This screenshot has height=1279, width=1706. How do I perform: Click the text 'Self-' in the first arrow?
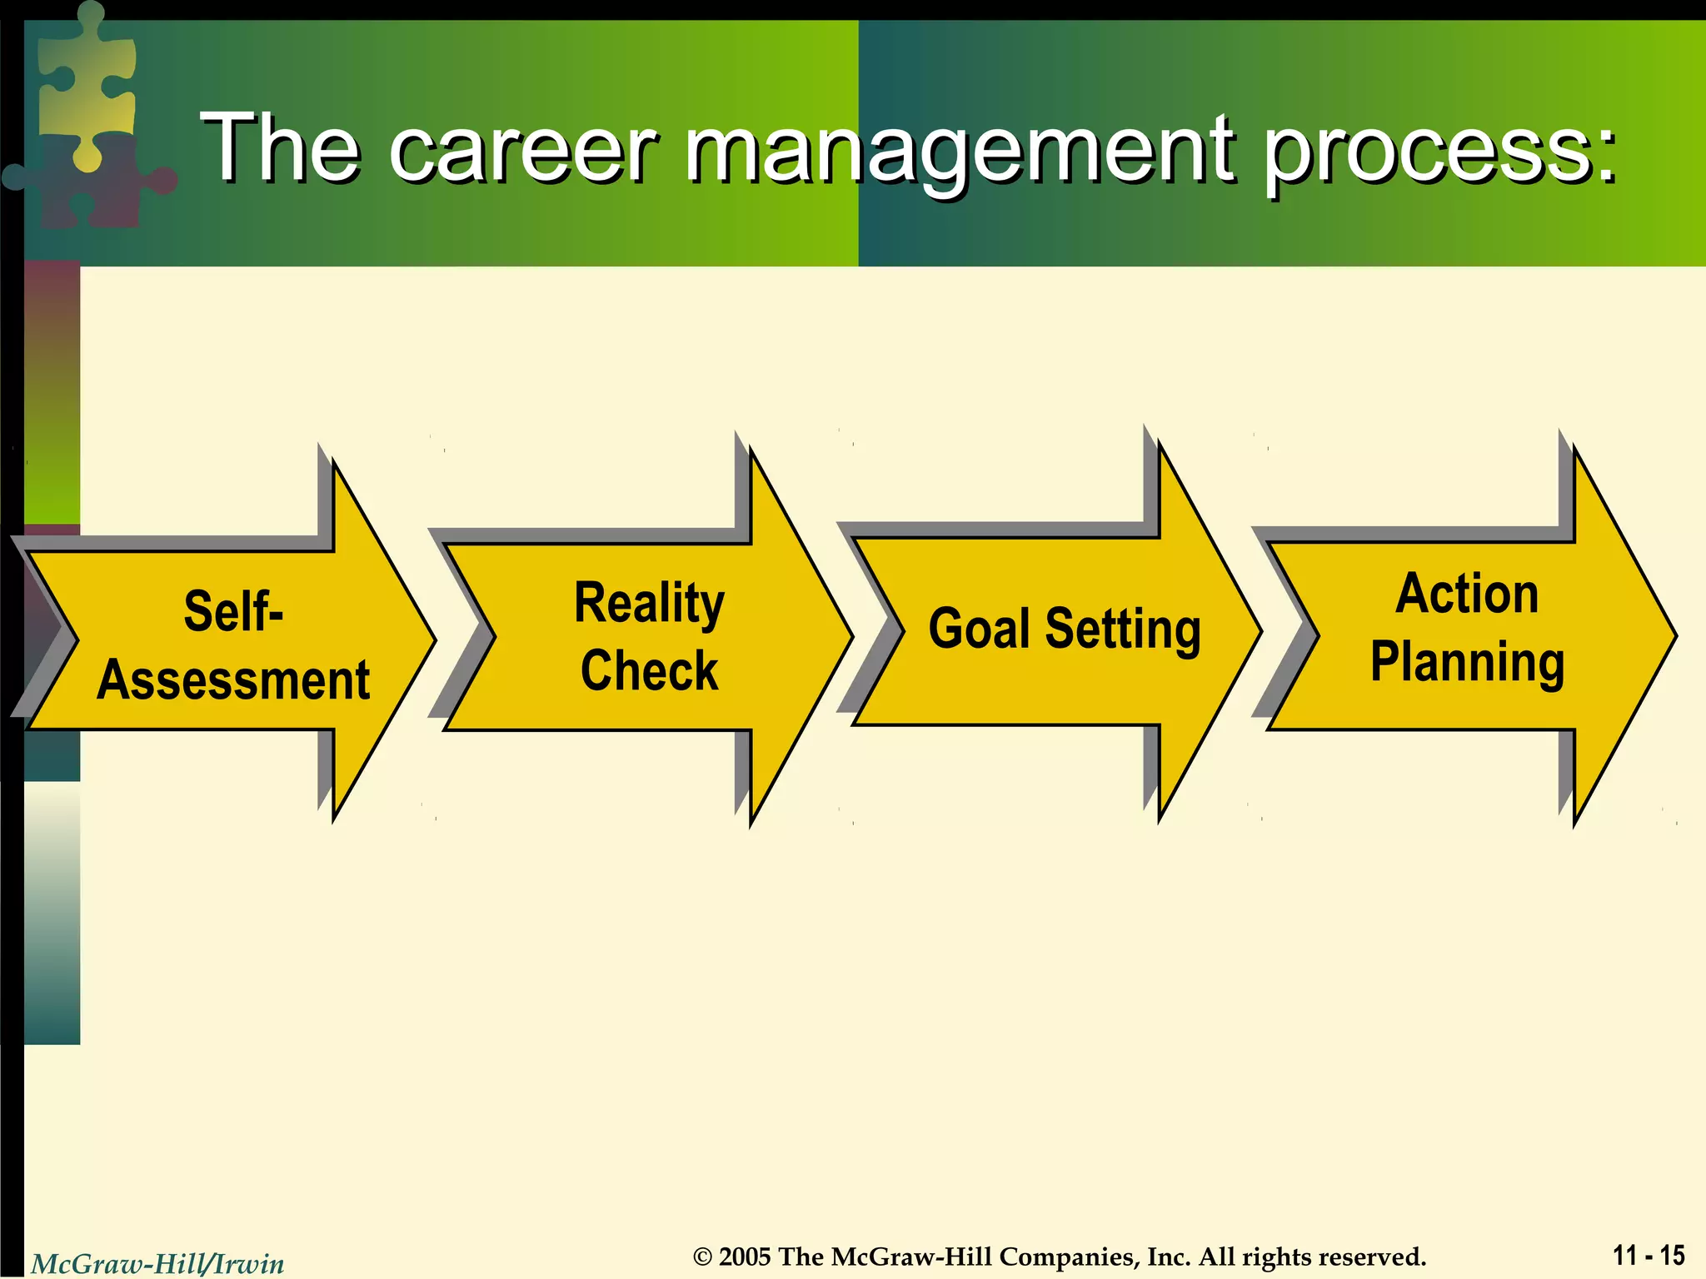tap(233, 611)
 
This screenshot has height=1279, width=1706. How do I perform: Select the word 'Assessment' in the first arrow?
tap(233, 679)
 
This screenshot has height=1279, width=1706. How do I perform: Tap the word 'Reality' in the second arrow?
tap(649, 603)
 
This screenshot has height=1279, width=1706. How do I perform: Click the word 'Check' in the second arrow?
tap(649, 670)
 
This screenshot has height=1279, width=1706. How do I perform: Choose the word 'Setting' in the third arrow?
tap(1122, 630)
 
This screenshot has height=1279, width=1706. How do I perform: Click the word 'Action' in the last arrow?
tap(1467, 594)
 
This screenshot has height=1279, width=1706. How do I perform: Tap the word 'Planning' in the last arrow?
tap(1467, 663)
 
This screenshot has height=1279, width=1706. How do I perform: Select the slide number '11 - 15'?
tap(1649, 1255)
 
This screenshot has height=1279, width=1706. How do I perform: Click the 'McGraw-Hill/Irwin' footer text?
tap(157, 1264)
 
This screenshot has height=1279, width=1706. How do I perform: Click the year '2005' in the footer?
tap(745, 1257)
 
